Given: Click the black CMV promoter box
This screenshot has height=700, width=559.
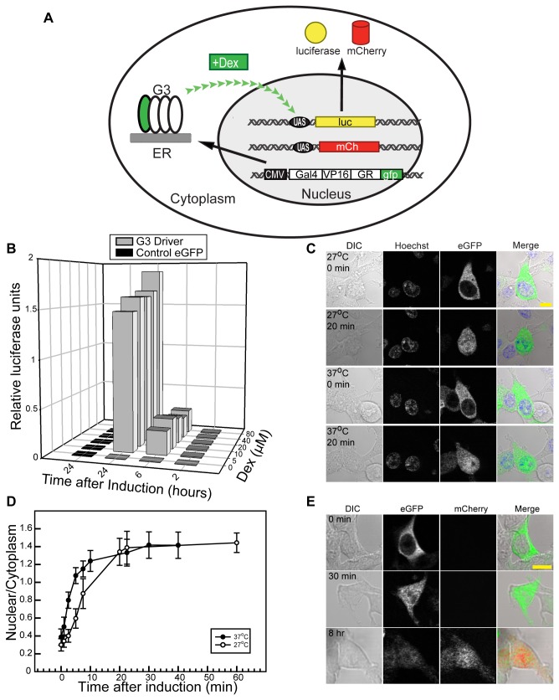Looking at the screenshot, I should (269, 175).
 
